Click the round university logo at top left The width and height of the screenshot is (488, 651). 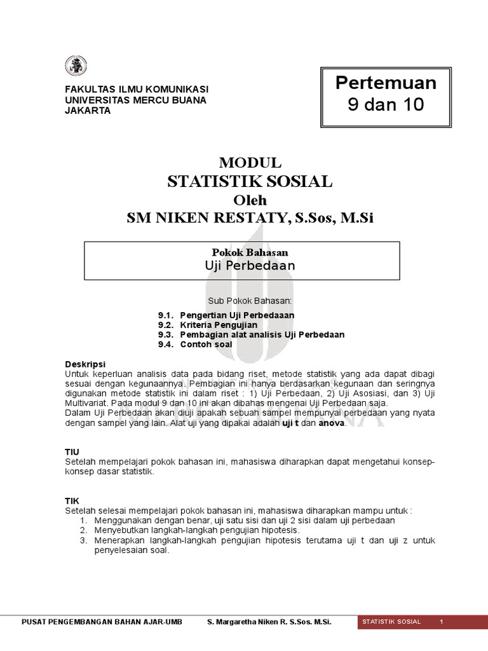76,65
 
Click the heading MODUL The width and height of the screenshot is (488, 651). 250,163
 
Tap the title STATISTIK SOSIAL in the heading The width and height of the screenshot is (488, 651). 250,181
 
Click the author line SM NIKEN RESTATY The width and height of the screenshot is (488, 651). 250,218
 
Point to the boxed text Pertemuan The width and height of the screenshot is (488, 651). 386,83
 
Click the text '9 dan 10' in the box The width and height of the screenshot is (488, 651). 386,104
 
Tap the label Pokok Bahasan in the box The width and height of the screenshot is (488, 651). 241,252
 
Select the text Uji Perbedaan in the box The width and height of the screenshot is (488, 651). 241,266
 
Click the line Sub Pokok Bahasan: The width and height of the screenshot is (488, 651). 250,300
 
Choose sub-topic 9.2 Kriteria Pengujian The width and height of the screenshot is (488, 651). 217,325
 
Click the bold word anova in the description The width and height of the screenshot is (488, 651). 330,422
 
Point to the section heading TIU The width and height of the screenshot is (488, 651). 72,451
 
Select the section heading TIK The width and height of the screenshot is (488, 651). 72,501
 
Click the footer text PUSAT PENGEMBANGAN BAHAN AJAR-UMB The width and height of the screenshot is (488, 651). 102,621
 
